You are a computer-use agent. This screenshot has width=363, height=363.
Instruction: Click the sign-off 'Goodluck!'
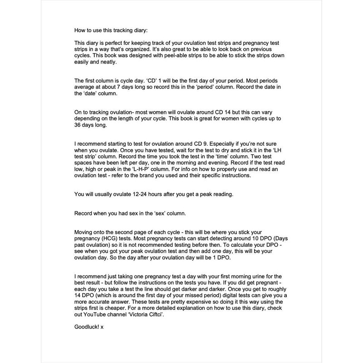[87, 327]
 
